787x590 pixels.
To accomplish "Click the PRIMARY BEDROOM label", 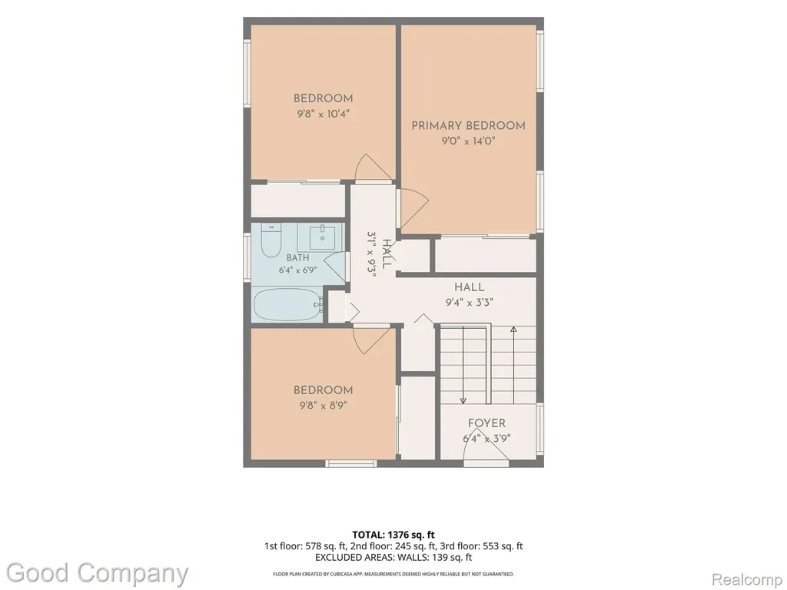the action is click(x=468, y=125).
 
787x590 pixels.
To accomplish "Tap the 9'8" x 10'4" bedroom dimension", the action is click(x=323, y=114).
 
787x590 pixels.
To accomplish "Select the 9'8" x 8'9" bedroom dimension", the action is click(x=323, y=405).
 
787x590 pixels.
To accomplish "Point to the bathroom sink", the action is click(x=322, y=237).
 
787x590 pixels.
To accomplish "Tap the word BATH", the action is click(x=297, y=258).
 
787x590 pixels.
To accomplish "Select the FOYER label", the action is click(x=486, y=423).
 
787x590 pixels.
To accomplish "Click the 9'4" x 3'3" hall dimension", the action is click(x=470, y=302).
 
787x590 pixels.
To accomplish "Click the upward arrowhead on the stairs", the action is click(x=513, y=330).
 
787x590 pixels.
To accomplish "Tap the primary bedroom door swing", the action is click(x=413, y=207).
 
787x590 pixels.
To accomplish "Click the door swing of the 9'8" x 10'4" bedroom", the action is click(x=373, y=167).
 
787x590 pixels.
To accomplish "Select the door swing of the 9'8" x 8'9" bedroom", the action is click(x=372, y=341).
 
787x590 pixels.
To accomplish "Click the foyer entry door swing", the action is click(x=486, y=448).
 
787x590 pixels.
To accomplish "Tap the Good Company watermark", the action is click(x=98, y=574).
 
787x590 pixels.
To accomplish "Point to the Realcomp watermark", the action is click(x=747, y=579).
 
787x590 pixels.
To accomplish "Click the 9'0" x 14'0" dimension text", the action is click(x=468, y=141).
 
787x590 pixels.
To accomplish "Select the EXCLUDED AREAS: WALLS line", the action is click(x=393, y=557).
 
